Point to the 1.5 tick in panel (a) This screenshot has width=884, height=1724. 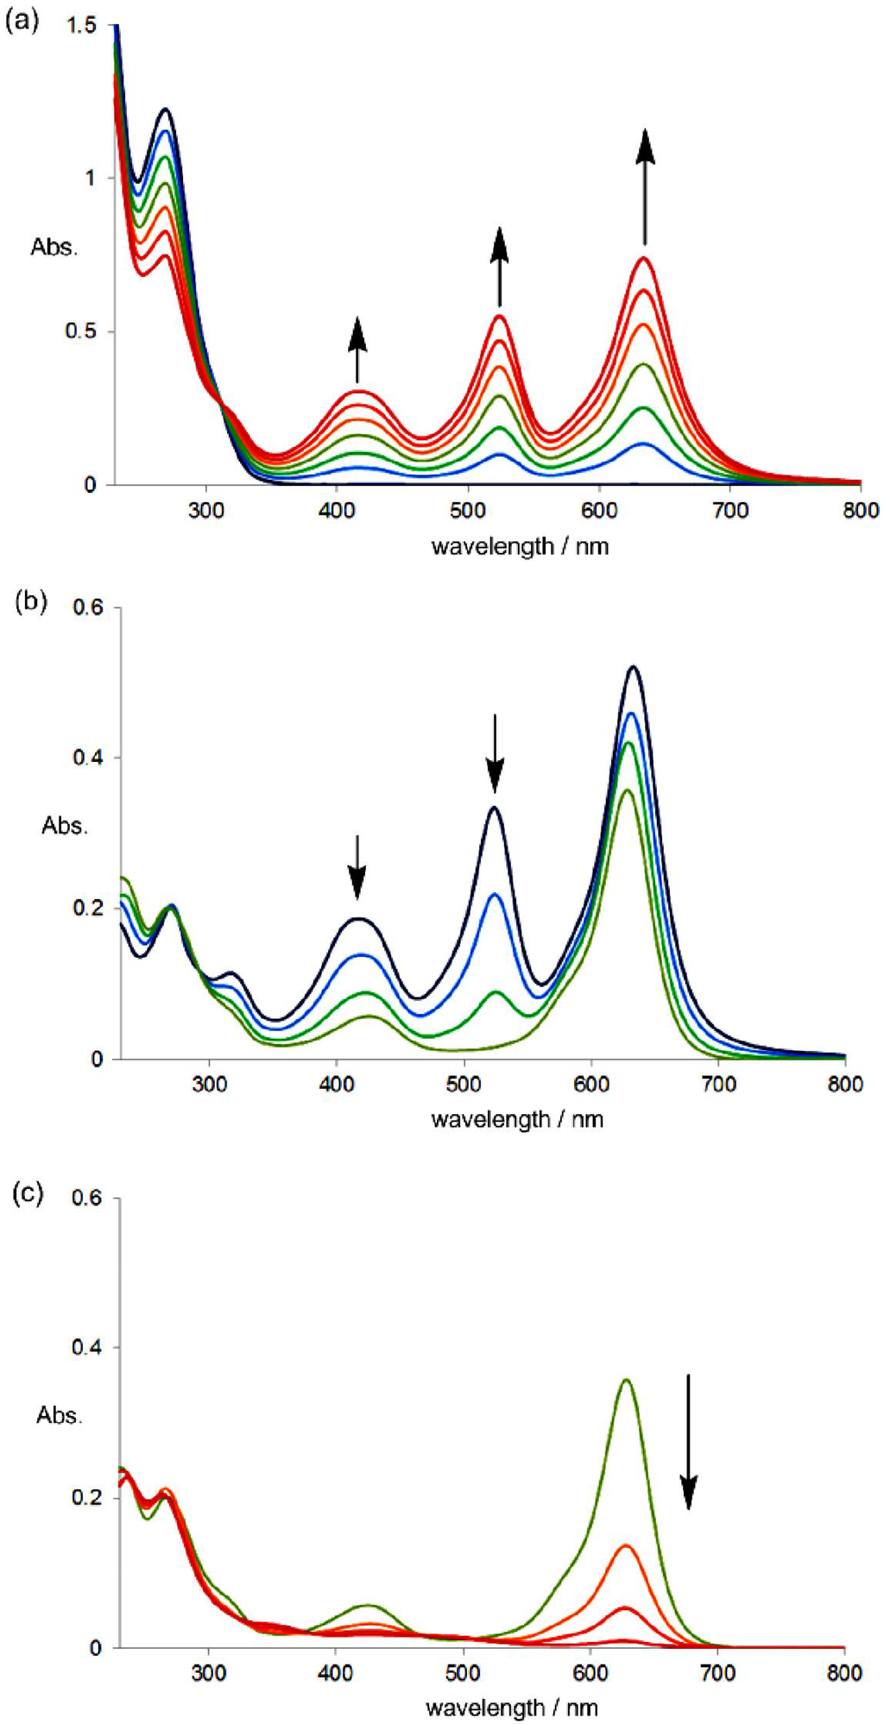tap(82, 27)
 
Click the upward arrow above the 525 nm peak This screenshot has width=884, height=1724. tap(500, 267)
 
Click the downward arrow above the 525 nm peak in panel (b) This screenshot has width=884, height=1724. tap(495, 752)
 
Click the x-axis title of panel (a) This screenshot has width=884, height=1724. tap(520, 546)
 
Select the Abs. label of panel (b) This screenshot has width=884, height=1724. tap(65, 826)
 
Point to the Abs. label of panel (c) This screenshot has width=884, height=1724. tap(60, 1415)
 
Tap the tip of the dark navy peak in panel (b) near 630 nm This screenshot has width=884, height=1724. tap(633, 667)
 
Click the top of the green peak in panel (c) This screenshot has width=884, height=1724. tap(627, 1381)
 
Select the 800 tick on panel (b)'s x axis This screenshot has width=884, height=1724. tap(844, 1084)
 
